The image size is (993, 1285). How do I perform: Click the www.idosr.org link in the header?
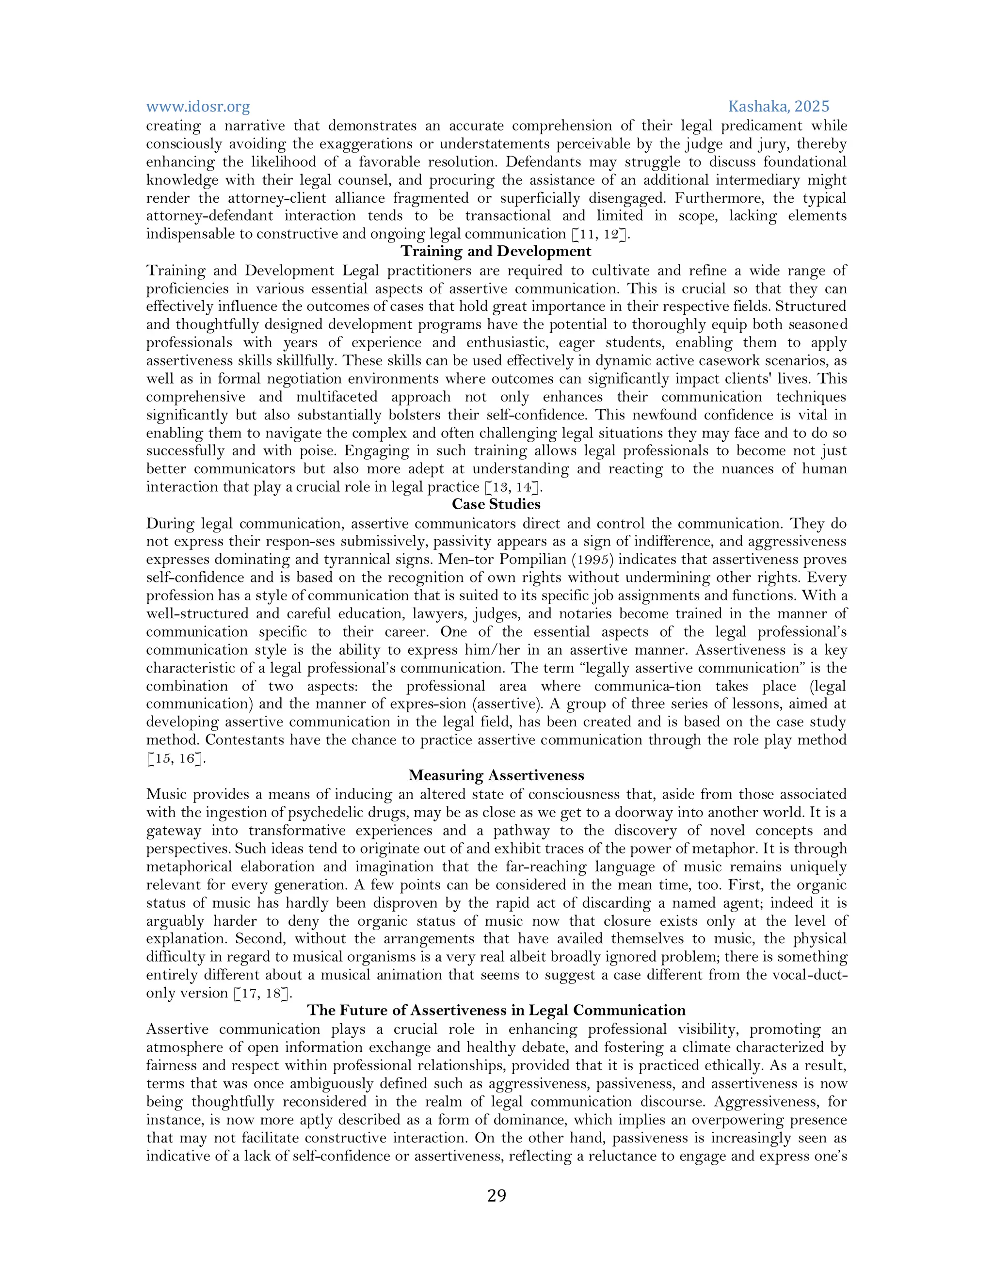(198, 107)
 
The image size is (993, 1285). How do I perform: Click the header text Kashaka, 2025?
(778, 107)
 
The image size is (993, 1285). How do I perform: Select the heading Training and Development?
(496, 251)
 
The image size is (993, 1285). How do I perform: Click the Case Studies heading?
(496, 504)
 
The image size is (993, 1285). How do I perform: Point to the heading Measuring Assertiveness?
(496, 775)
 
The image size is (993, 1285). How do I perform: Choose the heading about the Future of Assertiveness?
(496, 1010)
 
